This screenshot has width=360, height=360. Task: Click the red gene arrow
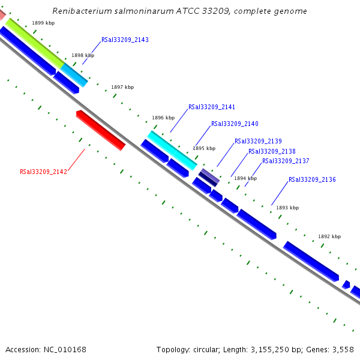click(x=101, y=130)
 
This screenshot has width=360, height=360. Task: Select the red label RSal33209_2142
click(x=43, y=172)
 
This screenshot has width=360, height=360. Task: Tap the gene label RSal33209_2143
click(x=125, y=40)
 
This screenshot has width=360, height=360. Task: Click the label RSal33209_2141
click(x=212, y=107)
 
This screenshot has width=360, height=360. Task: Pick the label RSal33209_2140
click(x=235, y=124)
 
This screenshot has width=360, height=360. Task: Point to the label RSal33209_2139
click(x=258, y=142)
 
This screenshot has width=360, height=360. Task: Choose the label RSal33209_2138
click(x=272, y=152)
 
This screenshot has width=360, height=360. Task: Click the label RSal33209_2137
click(x=286, y=161)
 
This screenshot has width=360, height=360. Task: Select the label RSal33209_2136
click(x=312, y=180)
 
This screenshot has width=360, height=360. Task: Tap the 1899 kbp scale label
click(x=43, y=23)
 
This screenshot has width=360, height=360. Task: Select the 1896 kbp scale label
click(x=163, y=118)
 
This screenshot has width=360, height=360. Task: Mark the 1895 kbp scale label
click(x=204, y=148)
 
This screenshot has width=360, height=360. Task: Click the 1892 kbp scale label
click(x=329, y=236)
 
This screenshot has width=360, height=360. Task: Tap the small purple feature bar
click(x=209, y=176)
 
